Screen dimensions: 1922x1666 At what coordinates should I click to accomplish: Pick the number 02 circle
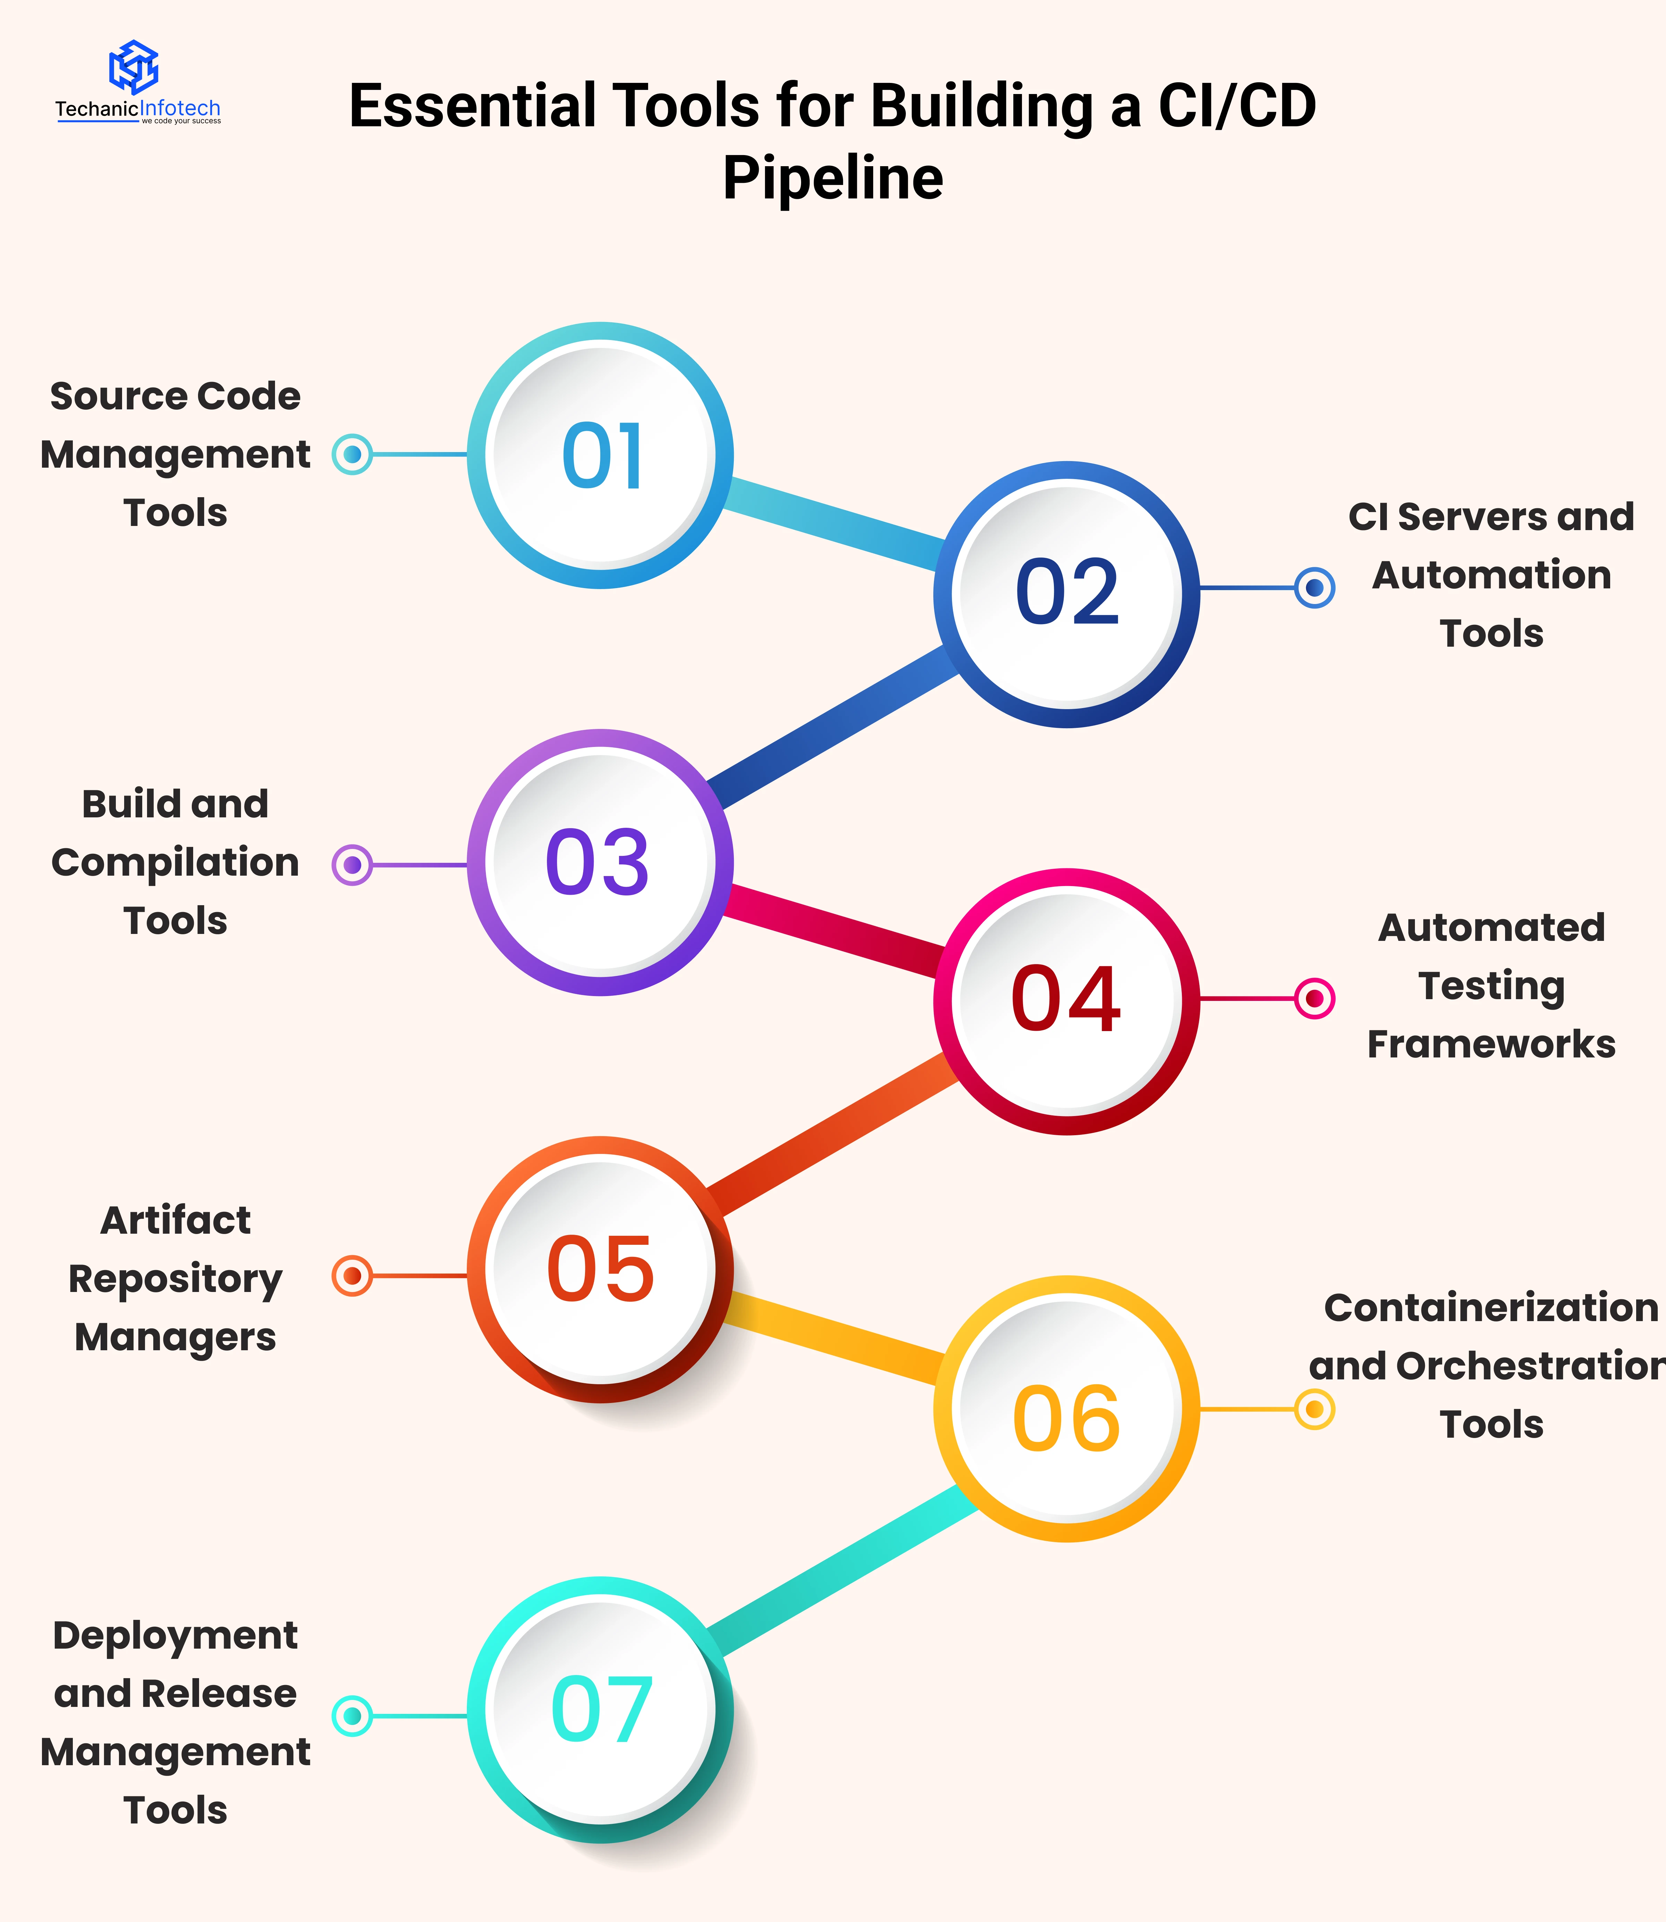(x=1066, y=593)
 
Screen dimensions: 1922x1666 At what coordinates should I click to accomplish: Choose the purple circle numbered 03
(x=601, y=862)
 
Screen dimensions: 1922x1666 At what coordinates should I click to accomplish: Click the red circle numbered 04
(x=1066, y=1001)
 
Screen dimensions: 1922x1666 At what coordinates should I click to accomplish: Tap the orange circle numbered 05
(x=601, y=1269)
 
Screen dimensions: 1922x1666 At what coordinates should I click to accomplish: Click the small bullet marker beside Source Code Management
(x=352, y=455)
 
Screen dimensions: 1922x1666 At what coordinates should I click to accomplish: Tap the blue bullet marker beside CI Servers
(x=1315, y=588)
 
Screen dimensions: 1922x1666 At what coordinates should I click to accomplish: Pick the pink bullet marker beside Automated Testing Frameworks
(x=1315, y=999)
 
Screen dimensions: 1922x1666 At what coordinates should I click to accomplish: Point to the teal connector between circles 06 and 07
(x=841, y=1572)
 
